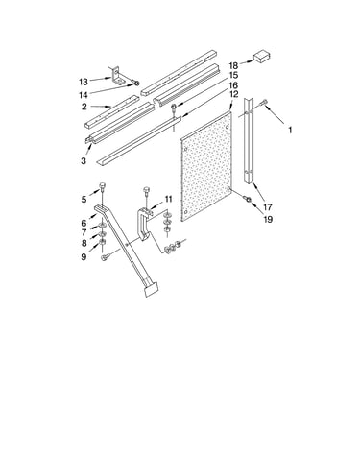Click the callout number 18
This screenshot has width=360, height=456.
coord(233,66)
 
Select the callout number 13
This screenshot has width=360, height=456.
coord(84,82)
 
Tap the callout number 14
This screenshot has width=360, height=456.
coord(84,95)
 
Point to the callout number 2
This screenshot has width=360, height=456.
coord(84,107)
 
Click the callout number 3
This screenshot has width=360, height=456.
coord(84,160)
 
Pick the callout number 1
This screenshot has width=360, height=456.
coord(290,131)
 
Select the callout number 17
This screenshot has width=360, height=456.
coord(268,207)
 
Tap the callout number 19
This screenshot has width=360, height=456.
coord(268,219)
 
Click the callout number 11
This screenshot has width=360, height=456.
coord(168,199)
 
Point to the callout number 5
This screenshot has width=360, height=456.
coord(84,200)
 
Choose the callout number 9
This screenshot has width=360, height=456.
coord(84,256)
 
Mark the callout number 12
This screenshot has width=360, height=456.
coord(233,94)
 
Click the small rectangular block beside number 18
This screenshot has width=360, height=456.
coord(262,57)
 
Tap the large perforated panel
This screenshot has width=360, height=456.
coord(205,166)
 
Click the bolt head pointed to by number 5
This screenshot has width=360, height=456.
coord(102,185)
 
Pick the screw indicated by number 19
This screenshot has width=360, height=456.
coord(248,199)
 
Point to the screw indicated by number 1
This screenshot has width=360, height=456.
coord(264,103)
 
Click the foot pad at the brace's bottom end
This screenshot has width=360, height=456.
coord(152,289)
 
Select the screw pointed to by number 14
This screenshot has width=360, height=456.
coord(136,84)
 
